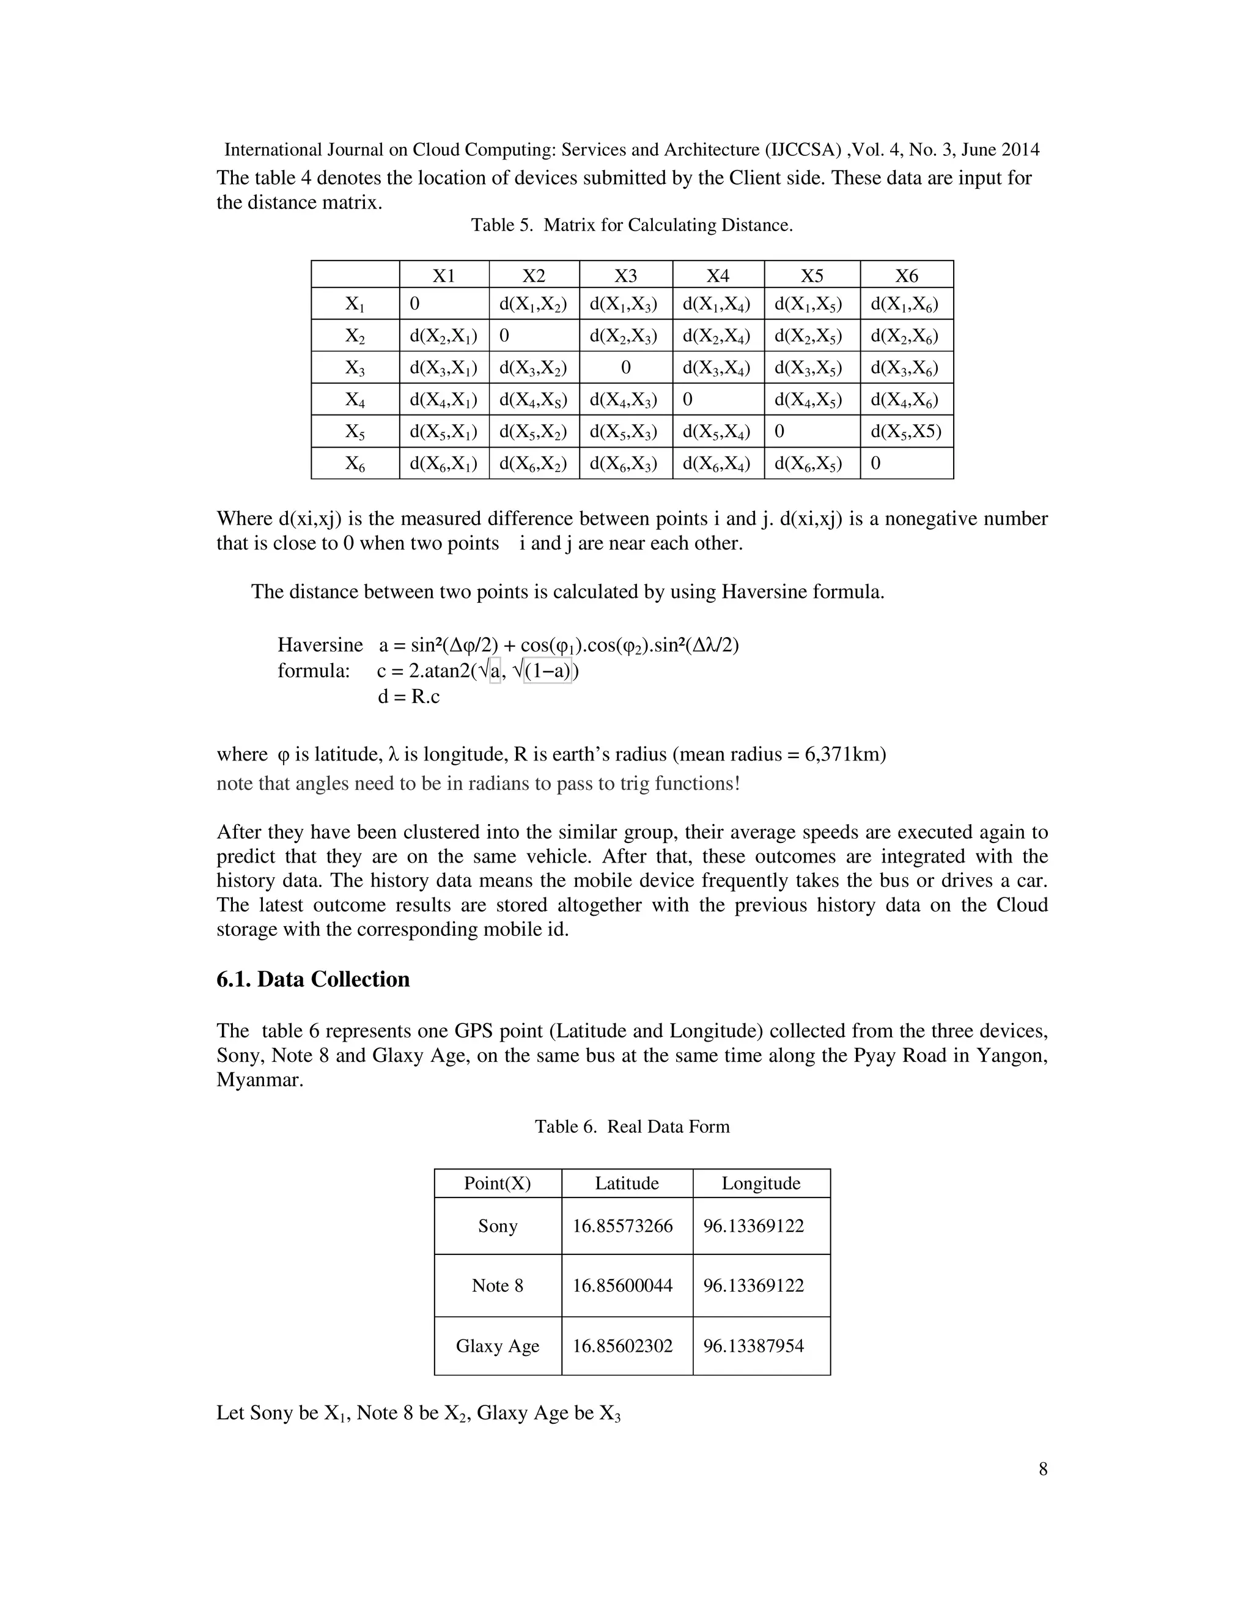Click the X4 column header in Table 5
pyautogui.click(x=717, y=276)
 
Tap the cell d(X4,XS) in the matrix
pyautogui.click(x=532, y=400)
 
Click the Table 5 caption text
pyautogui.click(x=632, y=226)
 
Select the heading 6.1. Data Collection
pyautogui.click(x=313, y=979)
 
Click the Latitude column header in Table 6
pyautogui.click(x=627, y=1183)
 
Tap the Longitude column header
pyautogui.click(x=761, y=1183)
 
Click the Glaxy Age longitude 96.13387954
pyautogui.click(x=754, y=1346)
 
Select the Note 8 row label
pyautogui.click(x=497, y=1286)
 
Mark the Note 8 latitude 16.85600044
pyautogui.click(x=622, y=1286)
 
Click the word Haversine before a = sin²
pyautogui.click(x=320, y=644)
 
